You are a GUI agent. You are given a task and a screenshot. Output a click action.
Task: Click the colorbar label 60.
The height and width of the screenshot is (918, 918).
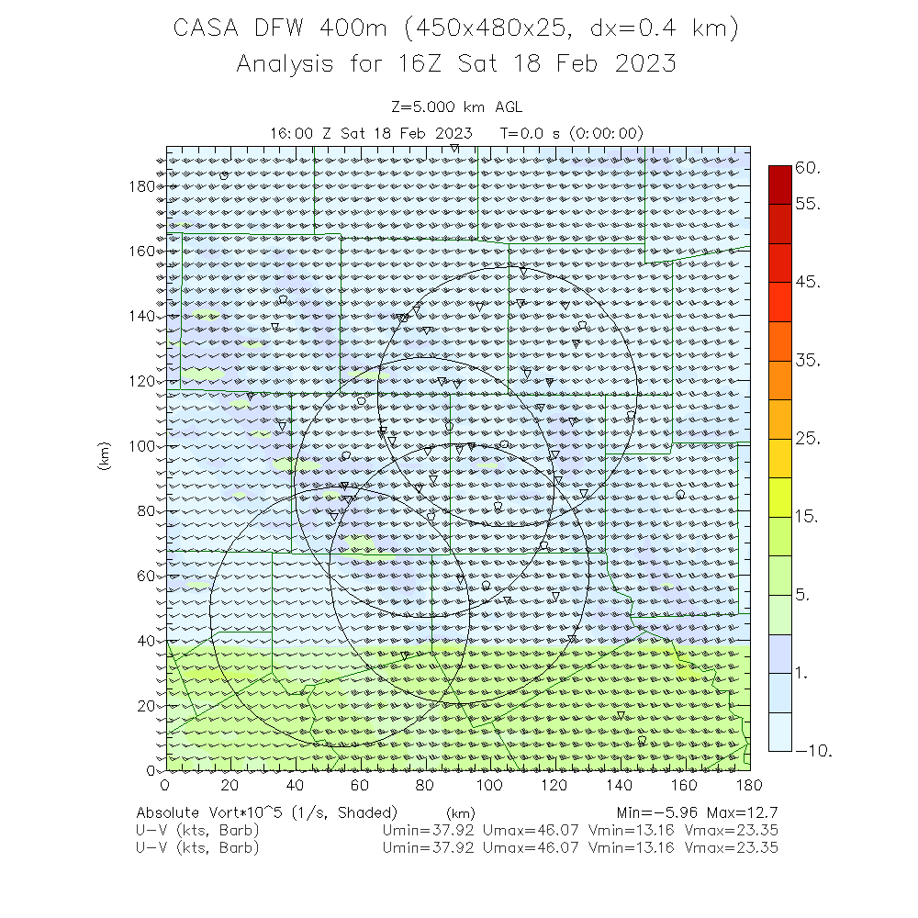point(809,168)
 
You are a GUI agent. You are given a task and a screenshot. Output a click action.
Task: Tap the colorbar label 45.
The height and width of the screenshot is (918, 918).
point(809,282)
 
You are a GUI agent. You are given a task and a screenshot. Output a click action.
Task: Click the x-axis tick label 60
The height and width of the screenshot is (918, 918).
point(361,786)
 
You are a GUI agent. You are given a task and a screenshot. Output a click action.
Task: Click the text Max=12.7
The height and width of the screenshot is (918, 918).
point(743,813)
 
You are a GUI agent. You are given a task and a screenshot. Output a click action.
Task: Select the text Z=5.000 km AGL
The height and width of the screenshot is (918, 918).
point(456,107)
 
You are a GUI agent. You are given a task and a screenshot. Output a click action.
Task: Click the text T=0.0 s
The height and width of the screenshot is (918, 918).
point(531,133)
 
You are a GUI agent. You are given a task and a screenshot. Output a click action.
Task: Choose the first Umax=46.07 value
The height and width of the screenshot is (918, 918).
point(531,831)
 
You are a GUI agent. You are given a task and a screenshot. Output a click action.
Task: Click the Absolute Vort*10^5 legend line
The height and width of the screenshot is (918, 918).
point(266,813)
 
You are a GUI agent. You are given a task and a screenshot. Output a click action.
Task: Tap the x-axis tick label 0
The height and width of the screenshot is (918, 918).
point(165,786)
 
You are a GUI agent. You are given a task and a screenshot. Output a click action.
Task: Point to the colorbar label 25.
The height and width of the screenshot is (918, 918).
point(809,440)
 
